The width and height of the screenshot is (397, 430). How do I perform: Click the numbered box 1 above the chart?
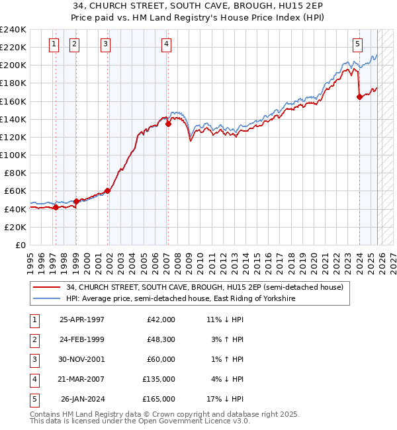54,44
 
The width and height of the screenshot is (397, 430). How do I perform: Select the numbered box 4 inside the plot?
166,44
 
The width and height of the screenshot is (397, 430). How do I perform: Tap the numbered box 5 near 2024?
357,44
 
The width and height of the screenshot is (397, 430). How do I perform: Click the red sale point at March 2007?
168,123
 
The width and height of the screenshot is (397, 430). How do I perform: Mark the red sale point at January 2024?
359,97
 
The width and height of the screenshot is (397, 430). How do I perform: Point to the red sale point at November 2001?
107,191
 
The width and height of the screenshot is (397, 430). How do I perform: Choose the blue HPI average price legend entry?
180,299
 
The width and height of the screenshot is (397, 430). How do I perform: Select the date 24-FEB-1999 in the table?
81,339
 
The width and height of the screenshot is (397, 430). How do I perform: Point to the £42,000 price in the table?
161,320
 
